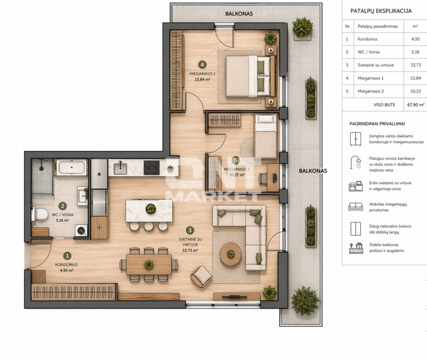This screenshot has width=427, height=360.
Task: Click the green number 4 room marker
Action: [202, 65]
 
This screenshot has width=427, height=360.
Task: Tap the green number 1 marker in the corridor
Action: [67, 256]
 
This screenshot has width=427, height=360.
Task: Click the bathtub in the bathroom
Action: [72, 167]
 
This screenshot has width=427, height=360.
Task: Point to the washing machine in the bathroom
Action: [81, 230]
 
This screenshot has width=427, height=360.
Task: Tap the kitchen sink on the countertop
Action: [120, 168]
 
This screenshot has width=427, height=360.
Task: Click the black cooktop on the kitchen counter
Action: [151, 168]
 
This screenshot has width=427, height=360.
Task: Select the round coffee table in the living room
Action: [231, 254]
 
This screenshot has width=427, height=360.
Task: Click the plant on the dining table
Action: [149, 265]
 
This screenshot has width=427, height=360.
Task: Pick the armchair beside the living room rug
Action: [202, 276]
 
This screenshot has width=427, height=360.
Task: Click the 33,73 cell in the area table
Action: [416, 65]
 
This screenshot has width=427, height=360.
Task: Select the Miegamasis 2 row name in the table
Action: [371, 91]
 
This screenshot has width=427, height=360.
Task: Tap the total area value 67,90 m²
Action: [416, 104]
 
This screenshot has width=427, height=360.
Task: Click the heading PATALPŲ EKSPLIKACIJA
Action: [381, 11]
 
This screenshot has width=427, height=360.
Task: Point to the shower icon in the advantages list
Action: [356, 162]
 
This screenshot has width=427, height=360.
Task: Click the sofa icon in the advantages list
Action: [356, 207]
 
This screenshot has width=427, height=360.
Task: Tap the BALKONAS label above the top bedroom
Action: [239, 14]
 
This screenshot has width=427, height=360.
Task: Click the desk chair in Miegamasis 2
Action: [263, 179]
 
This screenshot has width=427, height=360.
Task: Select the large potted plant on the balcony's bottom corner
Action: [305, 301]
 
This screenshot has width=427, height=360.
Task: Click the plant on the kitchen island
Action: [150, 209]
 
